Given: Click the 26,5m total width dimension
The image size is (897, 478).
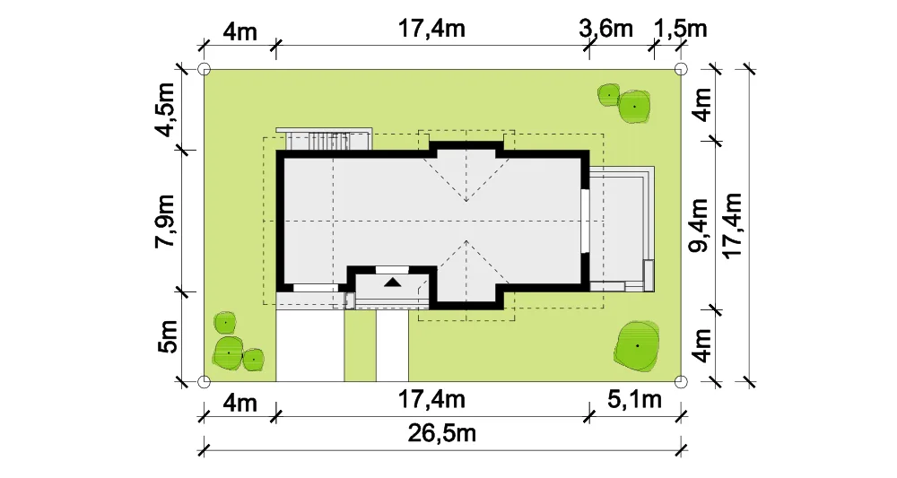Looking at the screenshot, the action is pos(441,433).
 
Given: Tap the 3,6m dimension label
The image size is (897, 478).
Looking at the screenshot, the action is pos(605,28).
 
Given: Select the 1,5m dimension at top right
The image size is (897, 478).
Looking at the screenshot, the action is pos(680,28).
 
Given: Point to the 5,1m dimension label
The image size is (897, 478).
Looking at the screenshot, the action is pos(634,399).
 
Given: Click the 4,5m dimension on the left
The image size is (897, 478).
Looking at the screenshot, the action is pos(166,109).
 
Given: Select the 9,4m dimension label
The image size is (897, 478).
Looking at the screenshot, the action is pos(699,225).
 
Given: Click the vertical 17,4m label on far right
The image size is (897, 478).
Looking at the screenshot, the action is pos(733,225).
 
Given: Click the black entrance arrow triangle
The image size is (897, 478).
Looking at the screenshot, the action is pos(393,282).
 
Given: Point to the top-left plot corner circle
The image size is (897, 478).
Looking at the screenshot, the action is pos(205,69).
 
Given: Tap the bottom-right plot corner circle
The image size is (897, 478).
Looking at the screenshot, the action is pos(681,381).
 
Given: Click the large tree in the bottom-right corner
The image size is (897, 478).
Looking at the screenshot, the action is pos(637,344).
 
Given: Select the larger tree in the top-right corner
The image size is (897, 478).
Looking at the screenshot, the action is pos(634,107).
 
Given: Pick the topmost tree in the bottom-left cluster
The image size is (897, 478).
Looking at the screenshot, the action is pos(225,323).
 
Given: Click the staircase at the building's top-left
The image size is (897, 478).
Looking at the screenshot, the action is pos(324,139).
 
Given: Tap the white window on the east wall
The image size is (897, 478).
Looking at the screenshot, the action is pos(585,220).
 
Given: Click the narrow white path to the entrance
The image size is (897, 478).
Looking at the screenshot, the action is pos(393,344).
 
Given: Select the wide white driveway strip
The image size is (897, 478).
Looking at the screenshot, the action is pos(310,344).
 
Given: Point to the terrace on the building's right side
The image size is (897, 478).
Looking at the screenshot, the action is pos(622,230).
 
